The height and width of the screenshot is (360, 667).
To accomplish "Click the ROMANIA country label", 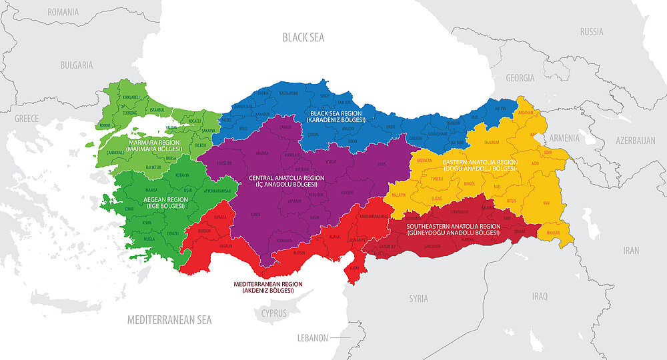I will pos(63,12).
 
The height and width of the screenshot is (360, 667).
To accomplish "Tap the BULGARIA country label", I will pos(76,65).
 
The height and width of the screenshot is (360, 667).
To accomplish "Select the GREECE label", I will pos(27,118).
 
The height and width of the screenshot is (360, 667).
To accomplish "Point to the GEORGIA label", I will pos(520,78).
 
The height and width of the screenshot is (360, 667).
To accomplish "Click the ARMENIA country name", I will pos(565,137).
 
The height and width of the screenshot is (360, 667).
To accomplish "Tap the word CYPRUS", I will pos(273,313).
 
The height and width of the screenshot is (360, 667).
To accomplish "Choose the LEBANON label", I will pos(312,338).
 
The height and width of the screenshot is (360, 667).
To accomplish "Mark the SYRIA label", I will pos(418,298).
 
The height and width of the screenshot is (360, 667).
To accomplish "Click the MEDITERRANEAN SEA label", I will pos(169,320).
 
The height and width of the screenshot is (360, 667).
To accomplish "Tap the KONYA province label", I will pos(255,215).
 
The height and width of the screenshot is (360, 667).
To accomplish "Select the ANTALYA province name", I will pos(226,246).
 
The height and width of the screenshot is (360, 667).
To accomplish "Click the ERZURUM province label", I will pos(491,141).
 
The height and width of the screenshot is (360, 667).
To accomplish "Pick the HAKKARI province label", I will pos(555,233).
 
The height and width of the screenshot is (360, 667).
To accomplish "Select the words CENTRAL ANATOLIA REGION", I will pos(286,179).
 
